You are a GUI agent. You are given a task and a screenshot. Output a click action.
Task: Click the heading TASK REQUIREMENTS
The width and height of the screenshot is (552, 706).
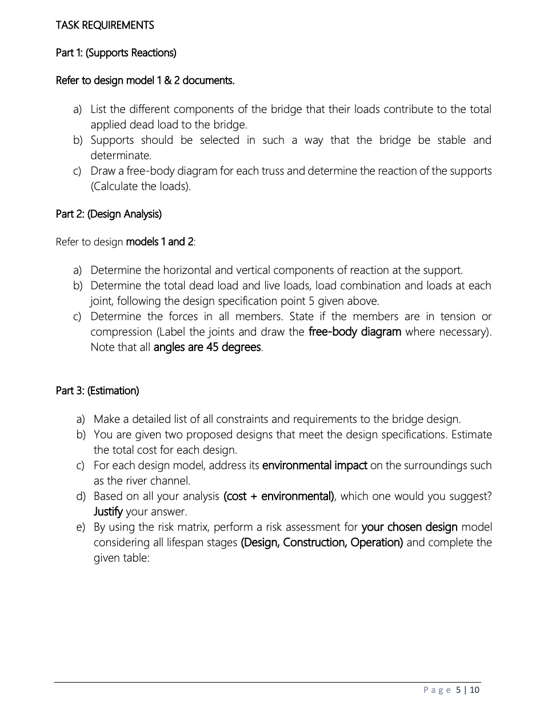pyautogui.click(x=105, y=25)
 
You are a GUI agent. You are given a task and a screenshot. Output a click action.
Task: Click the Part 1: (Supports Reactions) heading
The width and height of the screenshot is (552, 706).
pyautogui.click(x=116, y=53)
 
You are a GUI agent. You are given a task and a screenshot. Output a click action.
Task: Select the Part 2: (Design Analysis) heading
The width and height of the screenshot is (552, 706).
pyautogui.click(x=109, y=214)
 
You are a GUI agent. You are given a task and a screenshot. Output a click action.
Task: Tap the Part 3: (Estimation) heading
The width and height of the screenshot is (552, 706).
pyautogui.click(x=97, y=391)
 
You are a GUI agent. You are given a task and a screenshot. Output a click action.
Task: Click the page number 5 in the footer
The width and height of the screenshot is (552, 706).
pyautogui.click(x=458, y=690)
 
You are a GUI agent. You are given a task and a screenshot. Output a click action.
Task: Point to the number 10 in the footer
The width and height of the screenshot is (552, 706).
pyautogui.click(x=475, y=690)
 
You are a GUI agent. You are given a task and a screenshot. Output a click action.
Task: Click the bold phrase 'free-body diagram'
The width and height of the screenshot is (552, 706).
pyautogui.click(x=354, y=332)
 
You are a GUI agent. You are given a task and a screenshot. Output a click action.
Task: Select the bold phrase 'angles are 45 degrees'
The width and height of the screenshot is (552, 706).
pyautogui.click(x=207, y=347)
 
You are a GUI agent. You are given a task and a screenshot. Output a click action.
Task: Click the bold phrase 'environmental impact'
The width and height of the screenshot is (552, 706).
pyautogui.click(x=314, y=465)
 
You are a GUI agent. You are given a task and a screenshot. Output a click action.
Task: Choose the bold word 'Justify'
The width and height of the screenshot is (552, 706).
pyautogui.click(x=108, y=511)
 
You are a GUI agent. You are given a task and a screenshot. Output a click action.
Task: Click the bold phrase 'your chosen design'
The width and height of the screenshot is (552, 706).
pyautogui.click(x=409, y=527)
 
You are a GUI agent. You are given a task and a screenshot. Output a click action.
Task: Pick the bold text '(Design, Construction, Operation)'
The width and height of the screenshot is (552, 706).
pyautogui.click(x=322, y=542)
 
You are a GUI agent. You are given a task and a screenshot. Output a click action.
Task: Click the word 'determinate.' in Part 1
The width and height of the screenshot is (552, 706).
pyautogui.click(x=121, y=155)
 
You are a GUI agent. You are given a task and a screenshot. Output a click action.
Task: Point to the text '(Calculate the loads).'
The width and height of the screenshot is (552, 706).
pyautogui.click(x=141, y=186)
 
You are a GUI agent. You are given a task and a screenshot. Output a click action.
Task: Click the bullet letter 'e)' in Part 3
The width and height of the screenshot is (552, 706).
pyautogui.click(x=81, y=527)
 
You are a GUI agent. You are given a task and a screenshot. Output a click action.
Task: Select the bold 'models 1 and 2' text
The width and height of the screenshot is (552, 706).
pyautogui.click(x=159, y=241)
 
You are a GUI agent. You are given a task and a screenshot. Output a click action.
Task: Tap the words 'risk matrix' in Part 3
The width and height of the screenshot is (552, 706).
pyautogui.click(x=180, y=527)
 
